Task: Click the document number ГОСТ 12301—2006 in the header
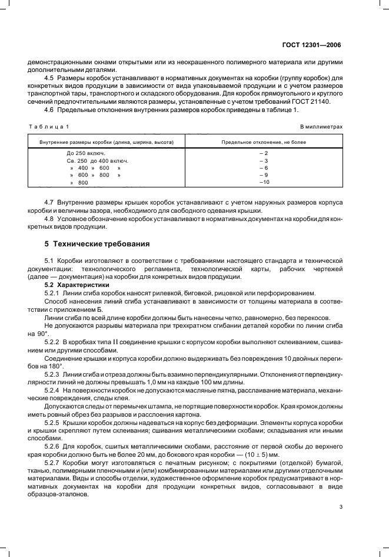click(x=312, y=44)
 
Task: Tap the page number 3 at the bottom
click(x=341, y=506)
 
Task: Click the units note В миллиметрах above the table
click(x=321, y=127)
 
